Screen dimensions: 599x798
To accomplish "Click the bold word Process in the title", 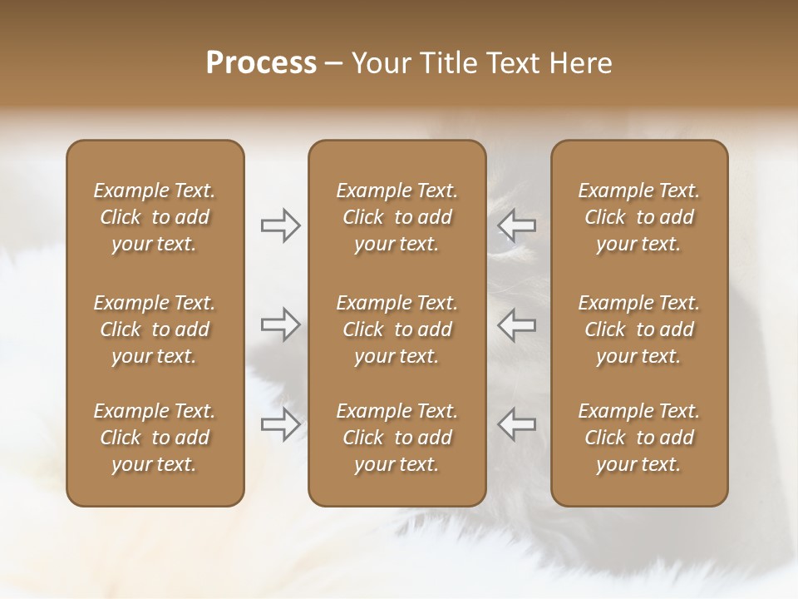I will [261, 63].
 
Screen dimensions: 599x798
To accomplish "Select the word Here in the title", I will [582, 63].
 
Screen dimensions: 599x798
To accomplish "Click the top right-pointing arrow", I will [281, 225].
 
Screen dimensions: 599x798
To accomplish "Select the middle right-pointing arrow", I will [281, 324].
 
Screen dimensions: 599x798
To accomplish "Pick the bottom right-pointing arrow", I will [281, 424].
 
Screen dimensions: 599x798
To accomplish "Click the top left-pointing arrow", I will [517, 225].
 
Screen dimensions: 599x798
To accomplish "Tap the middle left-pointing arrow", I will [517, 324].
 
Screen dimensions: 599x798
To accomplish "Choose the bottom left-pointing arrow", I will [517, 424].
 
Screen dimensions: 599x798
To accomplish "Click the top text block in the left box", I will [155, 217].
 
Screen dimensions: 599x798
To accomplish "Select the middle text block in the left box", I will [155, 329].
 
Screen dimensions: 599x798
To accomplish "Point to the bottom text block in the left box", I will [155, 438].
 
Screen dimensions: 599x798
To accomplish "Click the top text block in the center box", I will [397, 217].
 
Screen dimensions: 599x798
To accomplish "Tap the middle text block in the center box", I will [397, 329].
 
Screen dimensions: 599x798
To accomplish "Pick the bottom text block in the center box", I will [397, 438].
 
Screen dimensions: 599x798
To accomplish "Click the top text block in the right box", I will [638, 217].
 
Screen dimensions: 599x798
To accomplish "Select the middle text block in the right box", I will [638, 329].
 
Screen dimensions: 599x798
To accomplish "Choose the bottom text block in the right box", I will [638, 438].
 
